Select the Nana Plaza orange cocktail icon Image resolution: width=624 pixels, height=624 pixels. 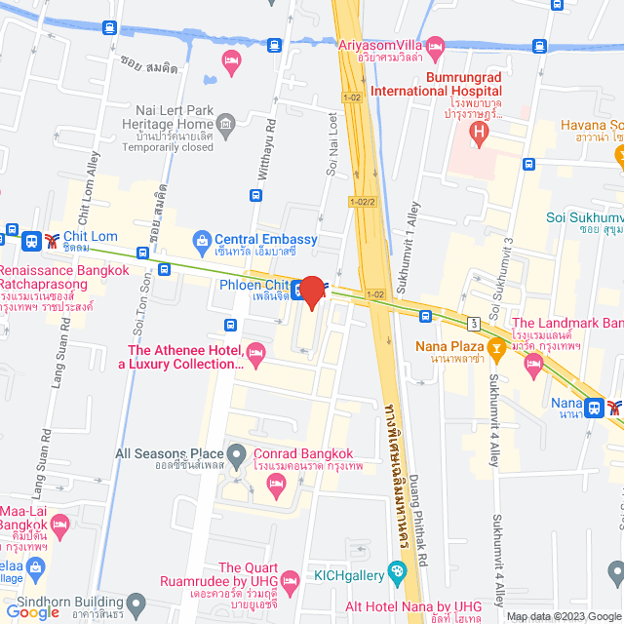coord(495,346)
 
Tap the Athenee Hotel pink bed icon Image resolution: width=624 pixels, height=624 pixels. coord(256,353)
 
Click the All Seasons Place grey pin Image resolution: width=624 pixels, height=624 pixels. coord(237,453)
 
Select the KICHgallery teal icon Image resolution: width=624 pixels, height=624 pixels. coord(396,571)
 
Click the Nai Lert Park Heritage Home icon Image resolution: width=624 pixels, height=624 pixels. coord(226,124)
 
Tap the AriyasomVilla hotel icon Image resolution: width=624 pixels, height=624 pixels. coord(435,45)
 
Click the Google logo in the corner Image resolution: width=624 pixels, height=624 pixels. coord(33,611)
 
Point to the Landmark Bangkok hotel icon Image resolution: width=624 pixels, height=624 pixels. coord(532,367)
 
